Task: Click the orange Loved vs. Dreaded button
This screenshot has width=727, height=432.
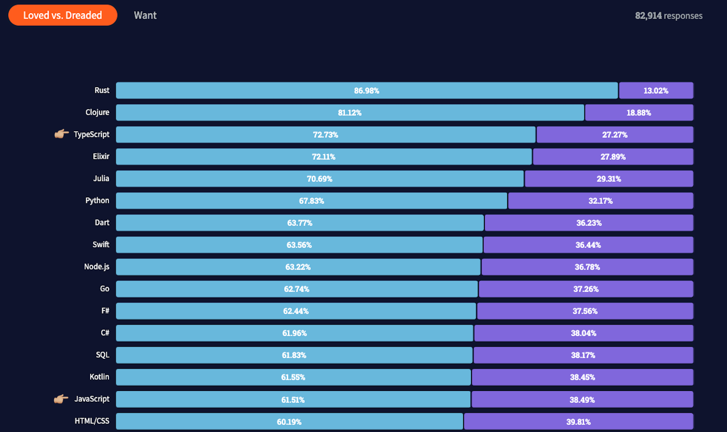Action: (x=63, y=15)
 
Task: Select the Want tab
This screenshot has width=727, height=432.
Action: (x=145, y=15)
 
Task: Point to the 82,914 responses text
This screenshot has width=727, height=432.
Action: (x=669, y=16)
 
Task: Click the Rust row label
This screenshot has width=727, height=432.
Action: (x=102, y=90)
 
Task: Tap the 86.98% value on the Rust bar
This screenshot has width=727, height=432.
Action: (x=366, y=91)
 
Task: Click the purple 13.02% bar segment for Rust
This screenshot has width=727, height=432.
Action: (x=656, y=90)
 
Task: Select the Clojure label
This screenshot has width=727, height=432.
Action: (x=97, y=112)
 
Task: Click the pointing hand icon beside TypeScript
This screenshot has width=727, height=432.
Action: (x=62, y=134)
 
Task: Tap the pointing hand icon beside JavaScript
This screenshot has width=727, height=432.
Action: (x=61, y=399)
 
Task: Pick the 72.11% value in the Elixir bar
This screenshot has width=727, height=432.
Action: (x=323, y=157)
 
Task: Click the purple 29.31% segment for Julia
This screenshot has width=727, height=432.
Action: (x=609, y=178)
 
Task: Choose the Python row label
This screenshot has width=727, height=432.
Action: (x=97, y=201)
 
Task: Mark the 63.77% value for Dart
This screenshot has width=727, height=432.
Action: (x=300, y=223)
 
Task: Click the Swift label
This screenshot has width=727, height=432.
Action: (x=101, y=244)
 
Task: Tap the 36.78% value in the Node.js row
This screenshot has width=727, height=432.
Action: (x=587, y=267)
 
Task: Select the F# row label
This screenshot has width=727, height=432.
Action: (x=105, y=311)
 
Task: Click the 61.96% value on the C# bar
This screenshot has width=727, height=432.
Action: (x=294, y=333)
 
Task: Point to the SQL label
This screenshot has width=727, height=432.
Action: (x=102, y=355)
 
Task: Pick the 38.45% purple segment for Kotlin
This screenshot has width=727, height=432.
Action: (x=583, y=377)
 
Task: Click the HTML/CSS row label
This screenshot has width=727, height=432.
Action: (x=92, y=421)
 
